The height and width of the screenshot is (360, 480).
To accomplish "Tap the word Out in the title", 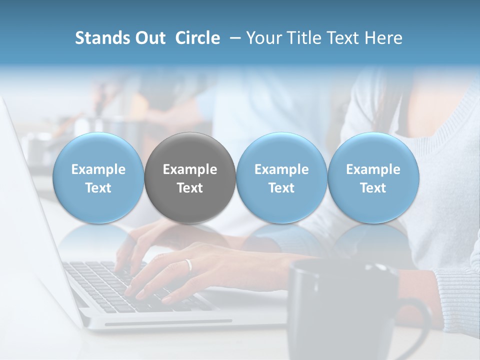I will [x=150, y=38].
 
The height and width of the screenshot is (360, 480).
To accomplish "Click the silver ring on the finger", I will [x=188, y=264].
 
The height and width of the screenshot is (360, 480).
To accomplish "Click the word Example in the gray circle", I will [x=190, y=169].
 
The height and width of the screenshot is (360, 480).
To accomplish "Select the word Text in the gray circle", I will [x=190, y=188].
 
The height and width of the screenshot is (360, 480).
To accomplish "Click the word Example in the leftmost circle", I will [x=98, y=169].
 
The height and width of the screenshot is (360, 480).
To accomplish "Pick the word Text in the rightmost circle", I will [x=373, y=188].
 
